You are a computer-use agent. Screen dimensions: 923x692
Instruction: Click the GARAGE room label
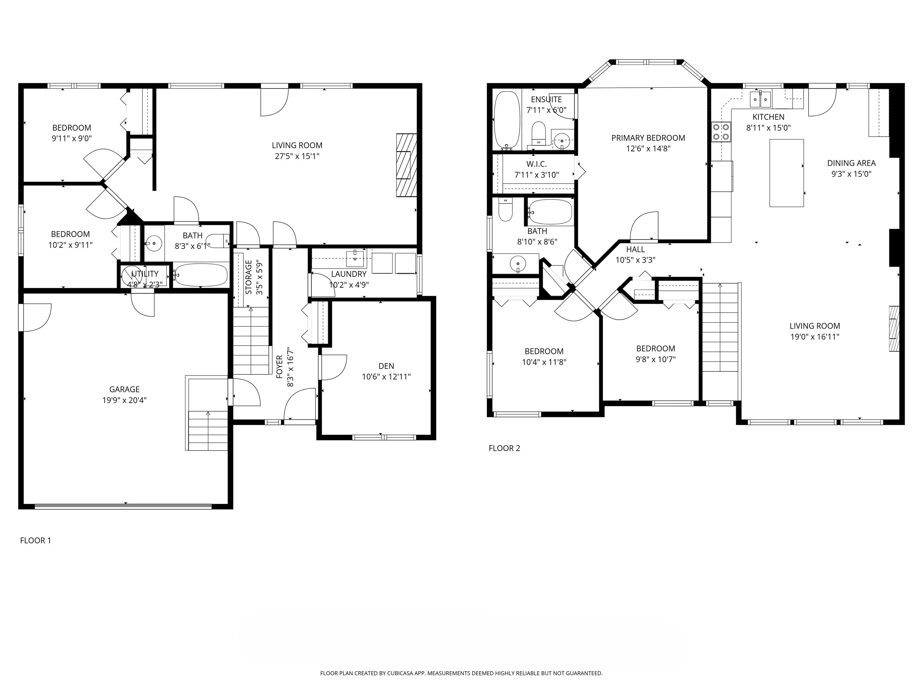(124, 389)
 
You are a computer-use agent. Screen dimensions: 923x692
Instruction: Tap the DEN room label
(386, 366)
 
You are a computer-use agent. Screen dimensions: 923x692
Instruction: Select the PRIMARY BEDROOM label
(648, 138)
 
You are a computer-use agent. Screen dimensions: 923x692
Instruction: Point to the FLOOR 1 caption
(35, 540)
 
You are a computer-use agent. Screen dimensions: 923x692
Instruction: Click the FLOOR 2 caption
(504, 448)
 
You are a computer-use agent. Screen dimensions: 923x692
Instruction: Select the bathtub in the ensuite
(507, 120)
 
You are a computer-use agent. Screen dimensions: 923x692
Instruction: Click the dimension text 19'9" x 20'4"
(124, 400)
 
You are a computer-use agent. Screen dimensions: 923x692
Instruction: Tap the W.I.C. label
(536, 164)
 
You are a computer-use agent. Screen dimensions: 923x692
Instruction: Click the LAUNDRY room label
(349, 274)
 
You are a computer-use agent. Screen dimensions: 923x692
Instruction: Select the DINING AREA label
(851, 163)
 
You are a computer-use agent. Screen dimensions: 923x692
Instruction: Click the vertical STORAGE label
(249, 278)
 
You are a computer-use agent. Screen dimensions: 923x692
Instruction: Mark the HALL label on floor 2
(635, 249)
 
